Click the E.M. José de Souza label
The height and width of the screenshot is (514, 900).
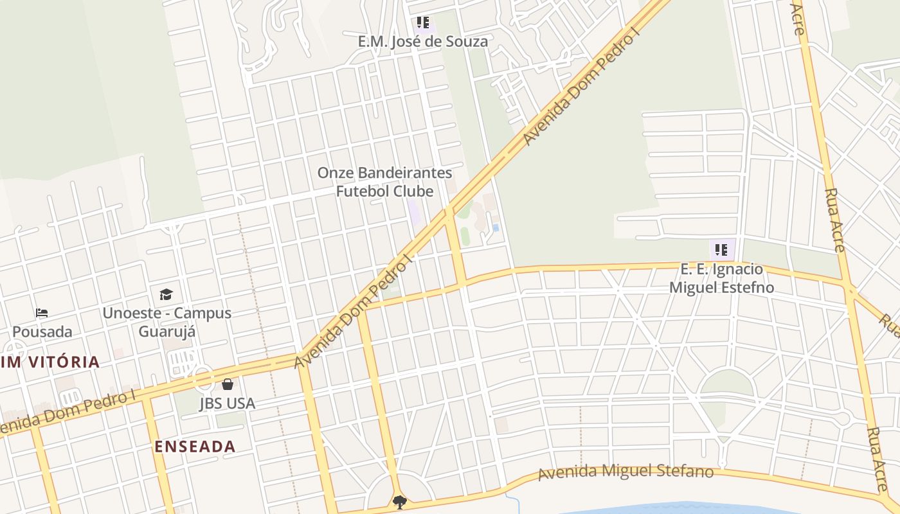click(x=422, y=42)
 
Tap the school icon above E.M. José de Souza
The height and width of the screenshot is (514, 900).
click(x=422, y=23)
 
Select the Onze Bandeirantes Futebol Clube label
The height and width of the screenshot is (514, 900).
click(x=384, y=182)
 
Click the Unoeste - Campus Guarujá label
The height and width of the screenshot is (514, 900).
click(x=166, y=323)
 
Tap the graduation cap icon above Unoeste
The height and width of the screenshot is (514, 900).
click(x=166, y=294)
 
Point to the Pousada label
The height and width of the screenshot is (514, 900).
click(x=42, y=332)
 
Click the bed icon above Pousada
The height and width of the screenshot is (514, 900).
click(x=42, y=313)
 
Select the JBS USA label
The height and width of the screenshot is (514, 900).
click(x=227, y=403)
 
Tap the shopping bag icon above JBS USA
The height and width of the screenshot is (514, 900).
click(x=227, y=384)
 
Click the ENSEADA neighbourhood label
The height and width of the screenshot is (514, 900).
click(x=195, y=447)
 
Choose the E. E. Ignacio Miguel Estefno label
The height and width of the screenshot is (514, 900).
click(x=721, y=278)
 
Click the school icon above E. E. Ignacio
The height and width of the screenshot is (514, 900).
click(x=721, y=249)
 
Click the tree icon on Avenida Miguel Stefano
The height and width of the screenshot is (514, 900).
click(x=400, y=502)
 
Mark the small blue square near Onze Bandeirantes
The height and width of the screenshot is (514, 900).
click(x=496, y=227)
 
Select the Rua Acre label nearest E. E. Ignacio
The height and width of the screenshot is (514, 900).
click(x=834, y=220)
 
